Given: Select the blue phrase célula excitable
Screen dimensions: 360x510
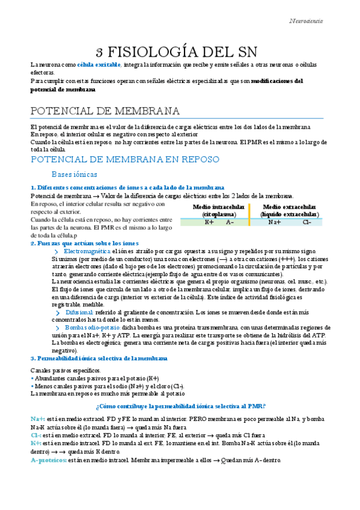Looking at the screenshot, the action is coord(99,64).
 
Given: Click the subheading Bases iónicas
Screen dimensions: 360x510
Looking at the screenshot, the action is coord(74,174).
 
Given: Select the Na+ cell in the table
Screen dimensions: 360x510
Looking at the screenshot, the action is coord(275,222).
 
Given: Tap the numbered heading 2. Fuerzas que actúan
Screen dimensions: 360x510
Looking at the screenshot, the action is coord(84,244).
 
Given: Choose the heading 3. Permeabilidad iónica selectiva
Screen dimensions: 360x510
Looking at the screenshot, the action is coord(99,358).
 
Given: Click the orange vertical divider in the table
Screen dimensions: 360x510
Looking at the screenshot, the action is coord(249,215).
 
